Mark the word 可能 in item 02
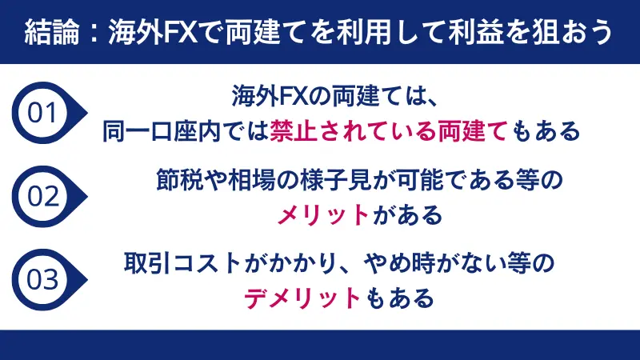(x=416, y=180)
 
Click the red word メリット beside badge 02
(x=323, y=214)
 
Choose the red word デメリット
(x=303, y=298)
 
